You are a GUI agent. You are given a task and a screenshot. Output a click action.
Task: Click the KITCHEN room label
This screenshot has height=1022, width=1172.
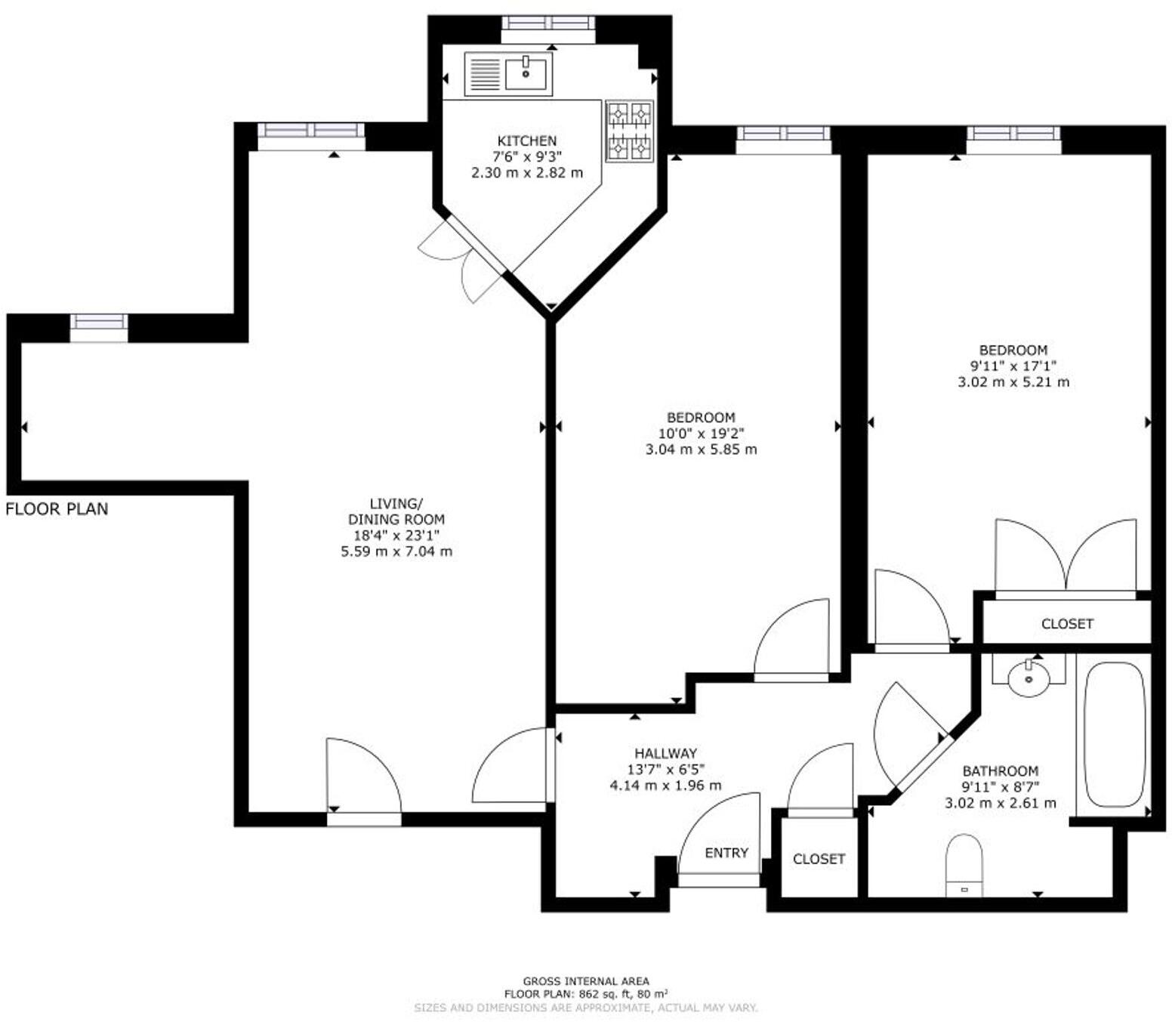[x=526, y=140]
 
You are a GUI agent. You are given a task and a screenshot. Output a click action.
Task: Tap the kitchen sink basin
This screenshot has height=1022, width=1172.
[x=526, y=74]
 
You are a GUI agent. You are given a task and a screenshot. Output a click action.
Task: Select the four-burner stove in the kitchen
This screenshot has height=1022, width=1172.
[x=629, y=131]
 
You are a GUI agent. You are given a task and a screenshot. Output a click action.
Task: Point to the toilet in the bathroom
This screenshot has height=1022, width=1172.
[x=964, y=866]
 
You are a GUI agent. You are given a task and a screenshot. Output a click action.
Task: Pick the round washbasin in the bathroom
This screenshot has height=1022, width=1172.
[x=1029, y=678]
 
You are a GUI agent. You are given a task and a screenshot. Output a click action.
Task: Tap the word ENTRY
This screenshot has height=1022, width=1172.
[x=726, y=853]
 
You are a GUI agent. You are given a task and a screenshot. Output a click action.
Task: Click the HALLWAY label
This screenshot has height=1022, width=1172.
[x=665, y=753]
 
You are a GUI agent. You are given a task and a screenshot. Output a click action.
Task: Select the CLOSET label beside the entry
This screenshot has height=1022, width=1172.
[x=819, y=859]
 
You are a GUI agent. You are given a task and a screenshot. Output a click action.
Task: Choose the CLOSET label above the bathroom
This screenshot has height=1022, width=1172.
[x=1067, y=624]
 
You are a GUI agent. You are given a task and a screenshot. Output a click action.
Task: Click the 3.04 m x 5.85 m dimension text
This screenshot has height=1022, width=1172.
[x=701, y=449]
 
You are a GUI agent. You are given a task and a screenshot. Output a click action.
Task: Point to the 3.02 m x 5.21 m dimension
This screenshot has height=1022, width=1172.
[x=1013, y=382]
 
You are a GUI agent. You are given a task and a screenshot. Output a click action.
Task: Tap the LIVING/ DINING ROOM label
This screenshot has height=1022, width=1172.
[x=396, y=511]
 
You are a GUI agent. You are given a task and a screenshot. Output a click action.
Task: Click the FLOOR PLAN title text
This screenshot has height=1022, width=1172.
[x=57, y=509]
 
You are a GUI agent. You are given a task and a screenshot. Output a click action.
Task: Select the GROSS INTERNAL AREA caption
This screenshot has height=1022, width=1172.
[x=586, y=982]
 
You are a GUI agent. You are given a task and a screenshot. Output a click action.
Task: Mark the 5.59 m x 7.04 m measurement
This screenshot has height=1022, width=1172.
[x=396, y=551]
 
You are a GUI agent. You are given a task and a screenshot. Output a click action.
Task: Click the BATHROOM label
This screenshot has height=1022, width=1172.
[x=1000, y=771]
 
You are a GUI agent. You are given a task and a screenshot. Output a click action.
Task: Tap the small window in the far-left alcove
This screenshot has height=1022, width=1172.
[x=99, y=323]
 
